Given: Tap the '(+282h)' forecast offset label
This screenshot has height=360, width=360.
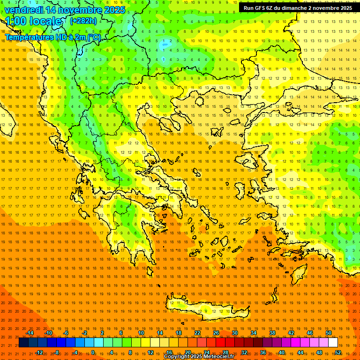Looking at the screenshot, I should coord(83,21).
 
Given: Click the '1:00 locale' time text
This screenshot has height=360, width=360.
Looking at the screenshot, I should coord(34,21).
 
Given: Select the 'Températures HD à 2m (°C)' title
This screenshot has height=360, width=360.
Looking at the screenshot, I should coord(53,37).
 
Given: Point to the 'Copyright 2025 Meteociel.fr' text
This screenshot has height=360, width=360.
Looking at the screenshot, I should coord(199,357).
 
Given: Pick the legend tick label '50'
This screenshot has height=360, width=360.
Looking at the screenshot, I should coord(329,333).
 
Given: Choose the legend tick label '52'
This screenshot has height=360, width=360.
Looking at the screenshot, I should coord(338,352).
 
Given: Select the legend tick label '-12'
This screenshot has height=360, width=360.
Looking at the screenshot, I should coord(39,352).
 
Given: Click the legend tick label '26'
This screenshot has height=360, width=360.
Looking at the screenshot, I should coord(216,333).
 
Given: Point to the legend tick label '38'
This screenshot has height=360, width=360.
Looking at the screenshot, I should coord(272,333).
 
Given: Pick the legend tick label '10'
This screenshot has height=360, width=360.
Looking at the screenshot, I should coord(141,333).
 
